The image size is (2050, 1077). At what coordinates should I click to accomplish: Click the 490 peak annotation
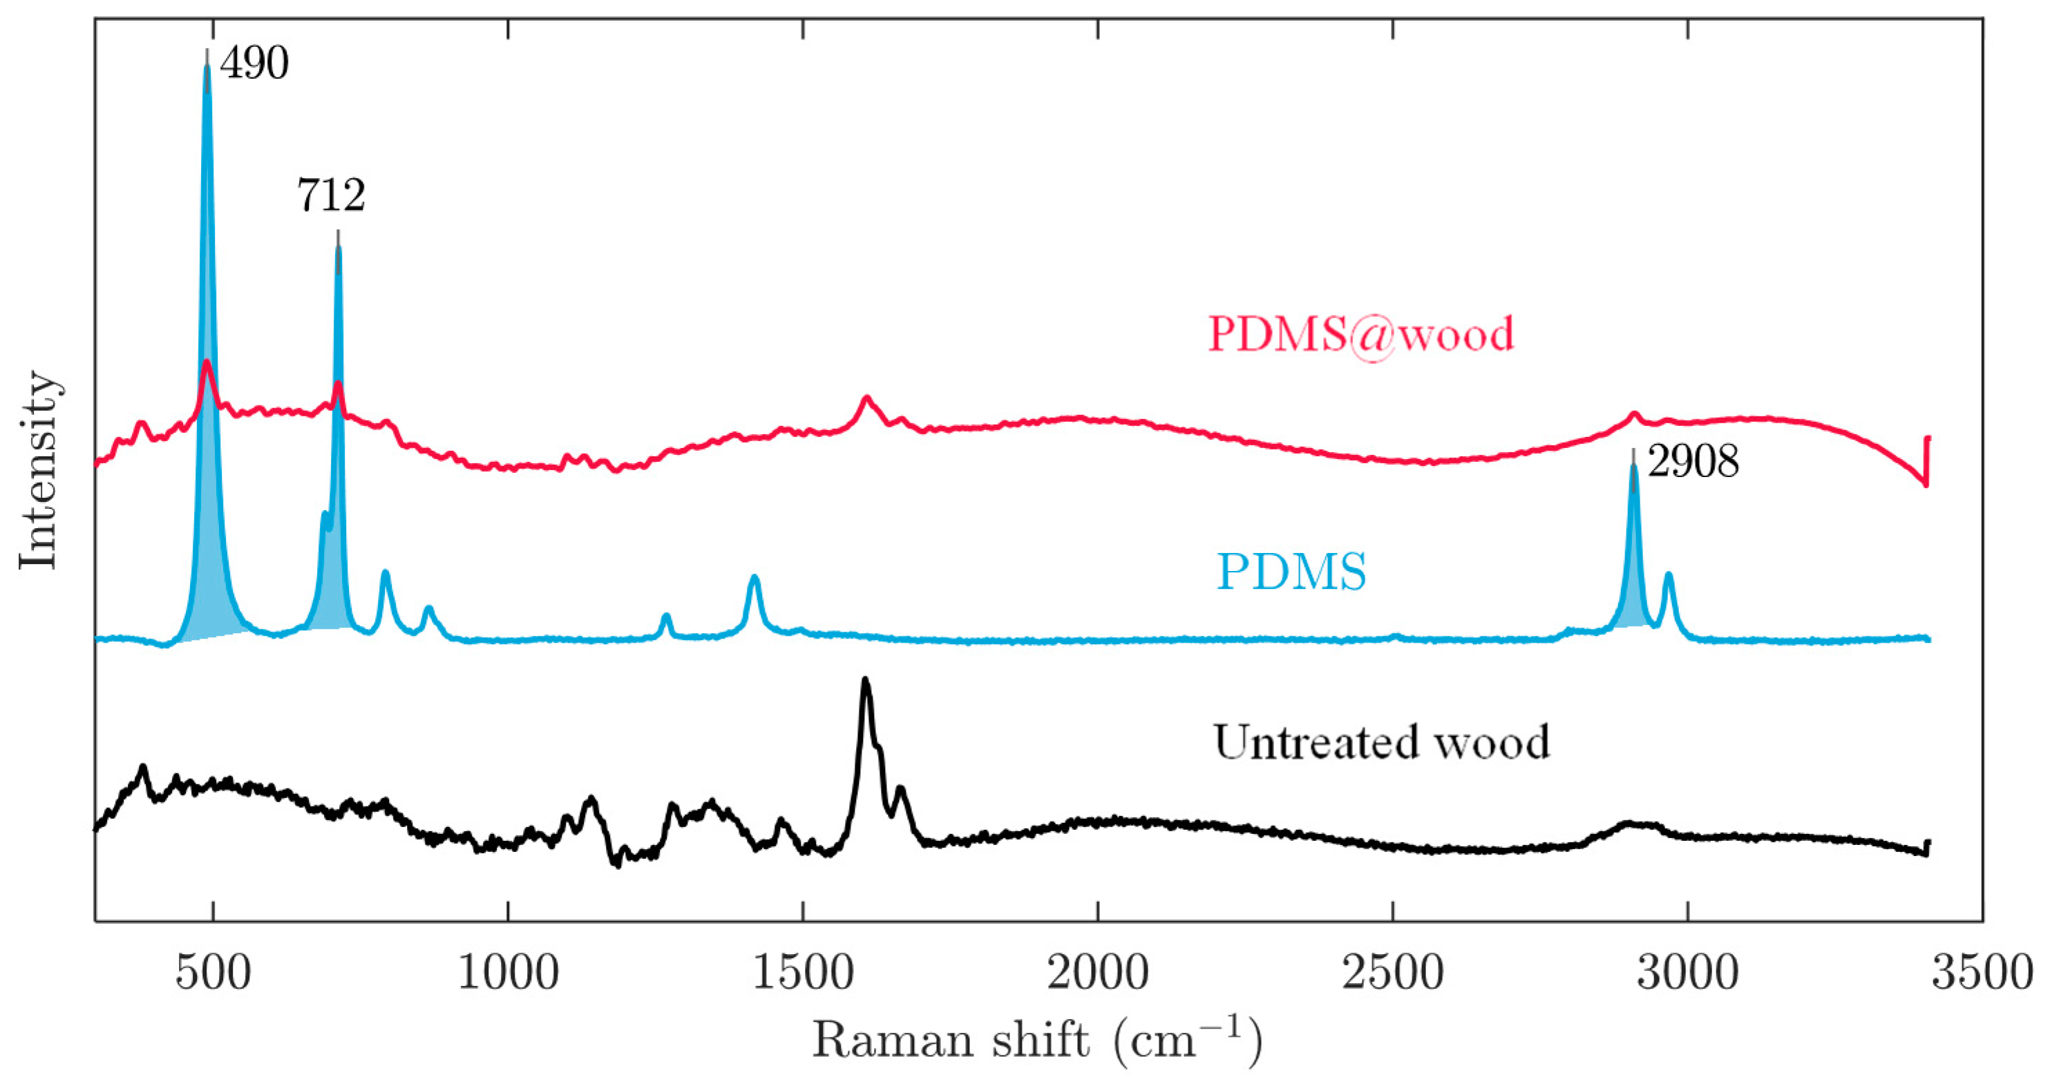pyautogui.click(x=254, y=64)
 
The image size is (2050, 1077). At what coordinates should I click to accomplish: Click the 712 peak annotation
pyautogui.click(x=331, y=195)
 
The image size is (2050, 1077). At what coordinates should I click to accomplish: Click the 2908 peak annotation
pyautogui.click(x=1693, y=462)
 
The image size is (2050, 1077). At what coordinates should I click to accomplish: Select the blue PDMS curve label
pyautogui.click(x=1291, y=572)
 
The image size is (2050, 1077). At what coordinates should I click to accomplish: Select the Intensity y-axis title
pyautogui.click(x=38, y=469)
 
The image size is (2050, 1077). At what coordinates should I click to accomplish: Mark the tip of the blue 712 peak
pyautogui.click(x=339, y=248)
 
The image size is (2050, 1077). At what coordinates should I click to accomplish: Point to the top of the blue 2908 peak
pyautogui.click(x=1634, y=466)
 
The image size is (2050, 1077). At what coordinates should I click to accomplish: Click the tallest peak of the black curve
pyautogui.click(x=866, y=680)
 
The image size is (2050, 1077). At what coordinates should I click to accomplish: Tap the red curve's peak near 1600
pyautogui.click(x=866, y=397)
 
